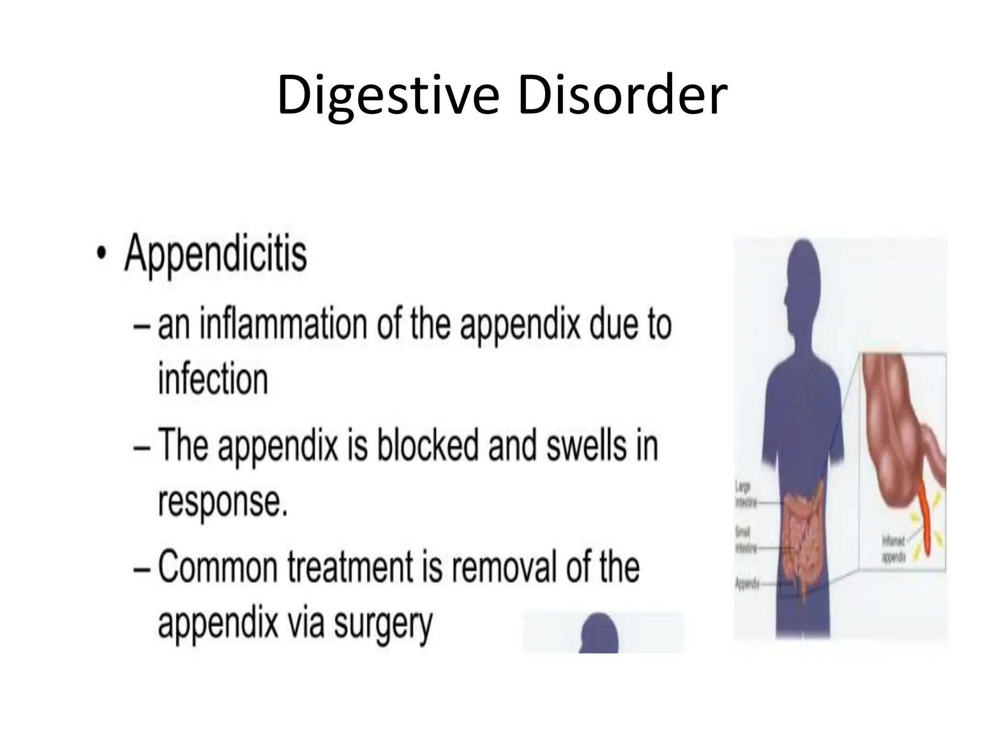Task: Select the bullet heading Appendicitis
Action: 216,253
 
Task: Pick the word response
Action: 222,501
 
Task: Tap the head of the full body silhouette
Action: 802,275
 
